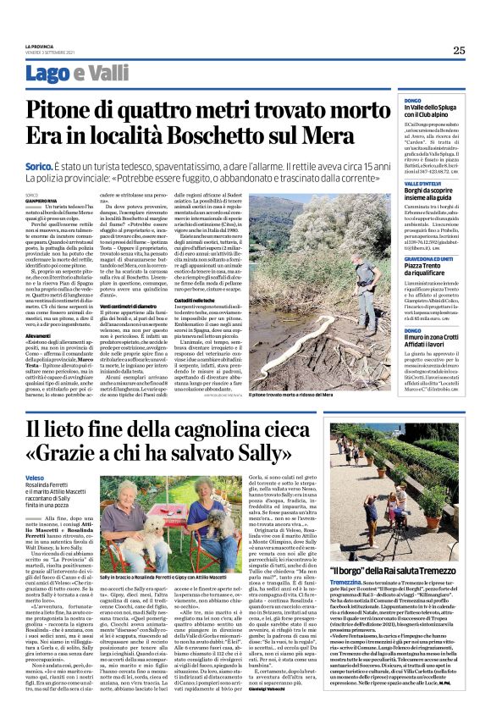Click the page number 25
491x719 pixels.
[x=459, y=49]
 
